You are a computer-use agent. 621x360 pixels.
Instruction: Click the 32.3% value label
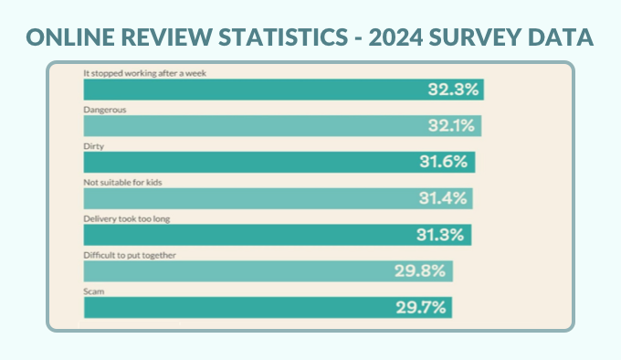(x=453, y=90)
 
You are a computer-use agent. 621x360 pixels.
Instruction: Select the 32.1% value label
(x=451, y=126)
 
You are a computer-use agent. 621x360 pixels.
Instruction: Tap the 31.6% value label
(x=444, y=162)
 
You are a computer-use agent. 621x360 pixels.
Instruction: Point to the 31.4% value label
(x=443, y=198)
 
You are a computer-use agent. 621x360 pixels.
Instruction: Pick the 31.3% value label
(x=440, y=235)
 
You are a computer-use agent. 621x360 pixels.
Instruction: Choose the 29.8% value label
(x=420, y=271)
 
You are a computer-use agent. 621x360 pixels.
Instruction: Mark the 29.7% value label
(x=421, y=308)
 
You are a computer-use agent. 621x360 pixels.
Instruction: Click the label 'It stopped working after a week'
(x=144, y=73)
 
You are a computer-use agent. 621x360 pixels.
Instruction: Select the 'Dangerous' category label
(x=104, y=110)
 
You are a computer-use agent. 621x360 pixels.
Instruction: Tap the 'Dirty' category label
(x=93, y=146)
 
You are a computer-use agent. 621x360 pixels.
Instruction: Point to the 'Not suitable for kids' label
(x=122, y=182)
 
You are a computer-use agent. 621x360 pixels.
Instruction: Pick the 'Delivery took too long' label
(x=126, y=219)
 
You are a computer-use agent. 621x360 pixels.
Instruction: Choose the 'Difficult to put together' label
(x=130, y=256)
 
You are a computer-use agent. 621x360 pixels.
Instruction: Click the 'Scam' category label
(x=93, y=291)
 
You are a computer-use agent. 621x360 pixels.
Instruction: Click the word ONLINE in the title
(x=70, y=37)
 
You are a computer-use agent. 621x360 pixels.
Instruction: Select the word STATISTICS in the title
(x=283, y=37)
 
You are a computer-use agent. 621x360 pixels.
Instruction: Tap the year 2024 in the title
(x=395, y=37)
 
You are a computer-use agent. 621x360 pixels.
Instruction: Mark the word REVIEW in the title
(x=167, y=37)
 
